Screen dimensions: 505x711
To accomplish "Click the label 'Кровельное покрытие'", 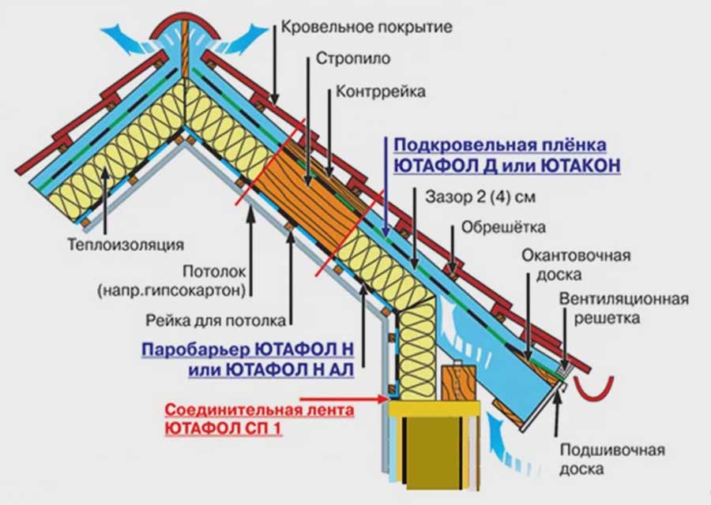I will coord(366,28).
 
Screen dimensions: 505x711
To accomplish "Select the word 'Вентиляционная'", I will coord(624,300).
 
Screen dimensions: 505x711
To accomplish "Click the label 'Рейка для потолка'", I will coord(215,321).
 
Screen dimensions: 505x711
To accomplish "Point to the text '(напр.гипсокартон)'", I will coord(171,290).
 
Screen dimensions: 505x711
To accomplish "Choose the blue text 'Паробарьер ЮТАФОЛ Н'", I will coord(247,348).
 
